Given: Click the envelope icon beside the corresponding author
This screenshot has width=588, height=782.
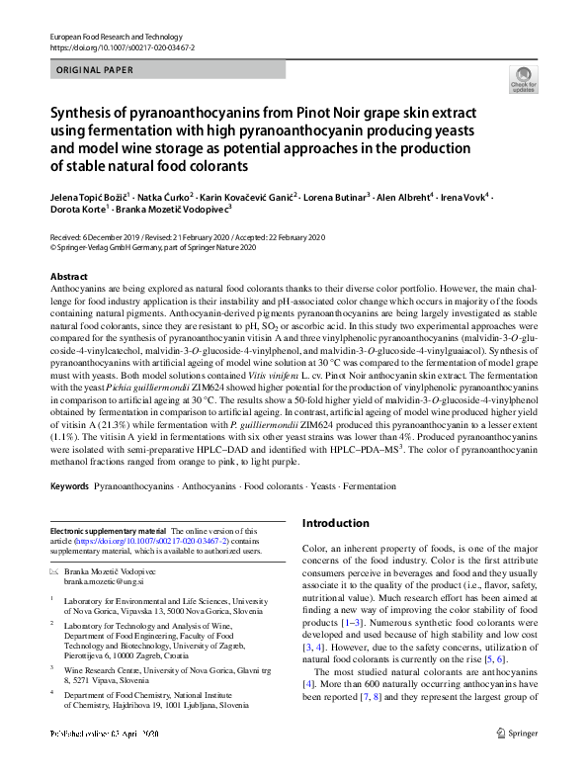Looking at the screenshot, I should click(54, 572).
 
